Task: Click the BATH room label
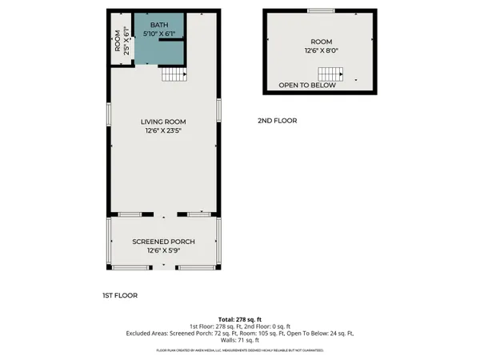pyautogui.click(x=159, y=26)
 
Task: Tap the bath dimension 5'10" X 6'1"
pyautogui.click(x=159, y=34)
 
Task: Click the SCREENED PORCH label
pyautogui.click(x=163, y=242)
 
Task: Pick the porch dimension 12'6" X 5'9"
pyautogui.click(x=163, y=250)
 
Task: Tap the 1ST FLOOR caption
pyautogui.click(x=120, y=295)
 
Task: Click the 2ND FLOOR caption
pyautogui.click(x=277, y=121)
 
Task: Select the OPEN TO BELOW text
pyautogui.click(x=307, y=86)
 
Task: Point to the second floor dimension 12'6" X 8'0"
pyautogui.click(x=320, y=50)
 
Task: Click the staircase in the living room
pyautogui.click(x=174, y=74)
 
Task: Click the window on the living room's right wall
pyautogui.click(x=218, y=111)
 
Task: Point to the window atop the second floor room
pyautogui.click(x=321, y=10)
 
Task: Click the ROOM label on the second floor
pyautogui.click(x=320, y=42)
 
